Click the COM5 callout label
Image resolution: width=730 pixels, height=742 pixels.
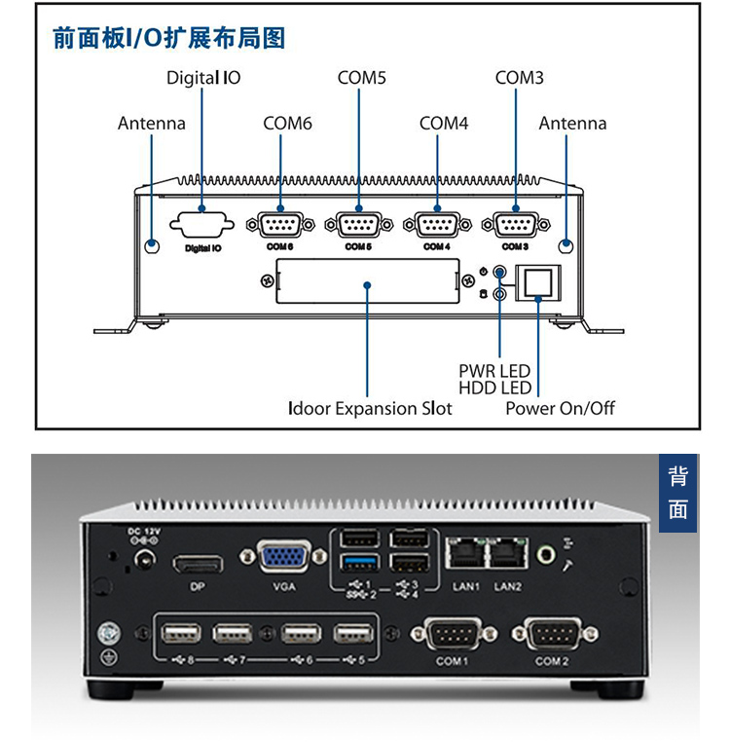point(362,78)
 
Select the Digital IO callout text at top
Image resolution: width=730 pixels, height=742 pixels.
point(203,78)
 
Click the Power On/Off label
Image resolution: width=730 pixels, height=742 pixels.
point(560,408)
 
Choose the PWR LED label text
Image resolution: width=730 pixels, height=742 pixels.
point(494,371)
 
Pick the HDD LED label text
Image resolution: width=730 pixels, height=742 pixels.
point(494,389)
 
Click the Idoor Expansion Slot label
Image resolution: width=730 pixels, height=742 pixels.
point(370,408)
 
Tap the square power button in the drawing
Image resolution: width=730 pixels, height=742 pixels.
point(539,282)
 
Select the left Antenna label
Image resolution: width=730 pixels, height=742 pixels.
point(151,124)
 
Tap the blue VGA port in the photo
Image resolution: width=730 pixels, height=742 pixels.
point(283,561)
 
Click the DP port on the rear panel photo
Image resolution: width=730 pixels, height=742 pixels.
point(198,564)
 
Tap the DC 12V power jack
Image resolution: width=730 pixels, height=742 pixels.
point(146,562)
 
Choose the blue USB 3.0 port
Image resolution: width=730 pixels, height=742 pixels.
point(358,564)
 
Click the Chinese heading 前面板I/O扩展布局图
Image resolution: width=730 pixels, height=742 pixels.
point(168,39)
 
